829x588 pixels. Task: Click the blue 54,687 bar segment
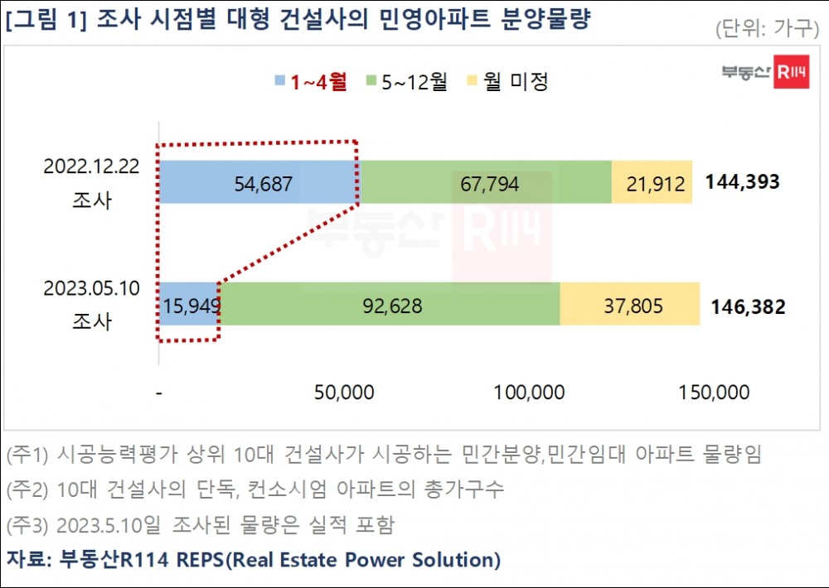(x=259, y=182)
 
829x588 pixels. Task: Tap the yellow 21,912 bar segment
(x=652, y=182)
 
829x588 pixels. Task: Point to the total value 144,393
(x=743, y=182)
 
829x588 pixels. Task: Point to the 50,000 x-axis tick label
(x=343, y=393)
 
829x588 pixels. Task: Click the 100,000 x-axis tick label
(x=529, y=393)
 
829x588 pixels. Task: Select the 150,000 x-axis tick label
(x=714, y=393)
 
